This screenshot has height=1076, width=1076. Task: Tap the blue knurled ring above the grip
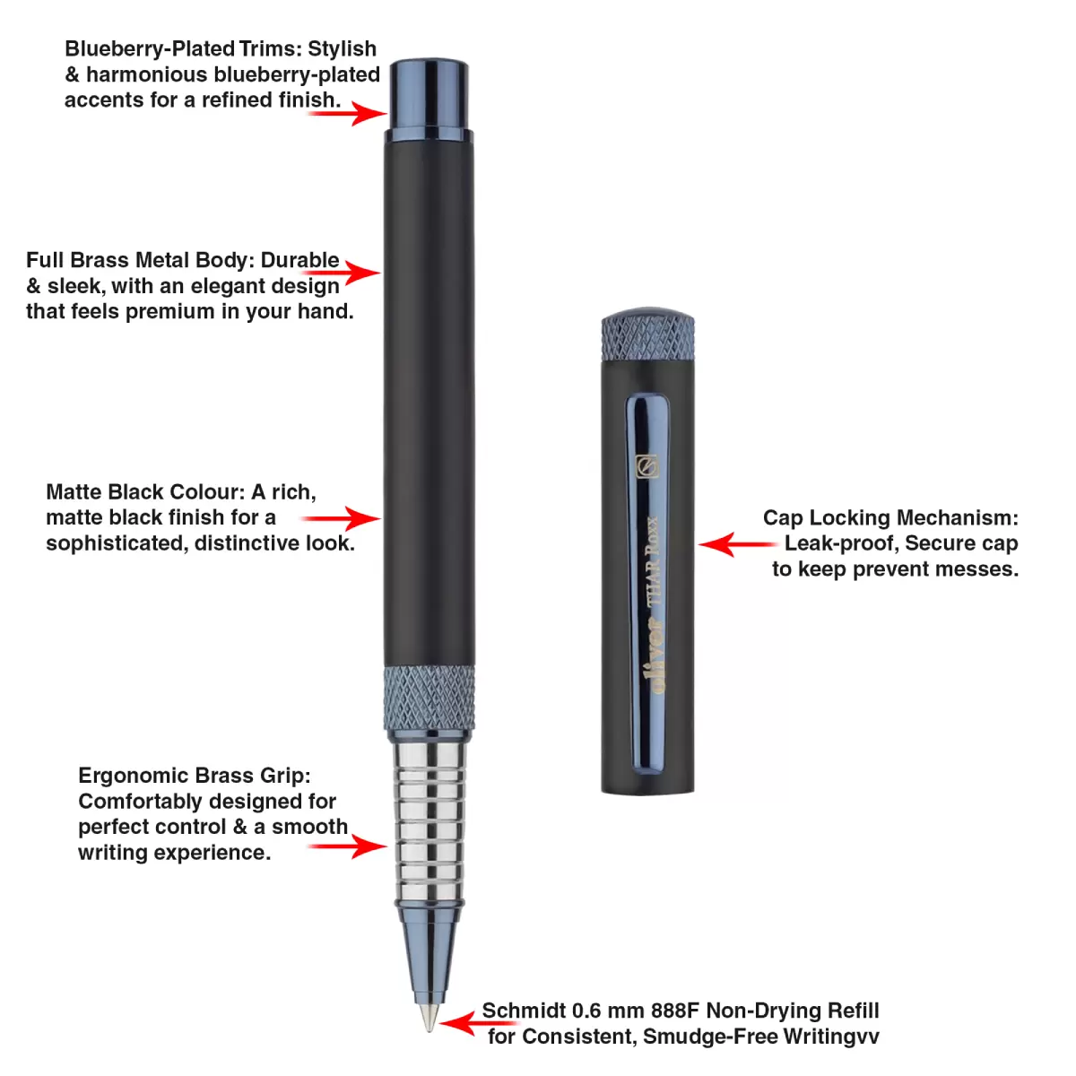(430, 699)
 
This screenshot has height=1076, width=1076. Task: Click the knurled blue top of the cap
(648, 336)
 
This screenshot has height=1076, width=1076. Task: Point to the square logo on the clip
(646, 466)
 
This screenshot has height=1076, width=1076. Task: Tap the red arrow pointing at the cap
(735, 543)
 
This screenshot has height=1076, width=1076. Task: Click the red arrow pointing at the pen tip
(461, 1023)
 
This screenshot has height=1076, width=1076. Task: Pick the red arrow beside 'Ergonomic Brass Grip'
(350, 846)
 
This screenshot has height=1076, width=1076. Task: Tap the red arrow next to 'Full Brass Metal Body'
(359, 272)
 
